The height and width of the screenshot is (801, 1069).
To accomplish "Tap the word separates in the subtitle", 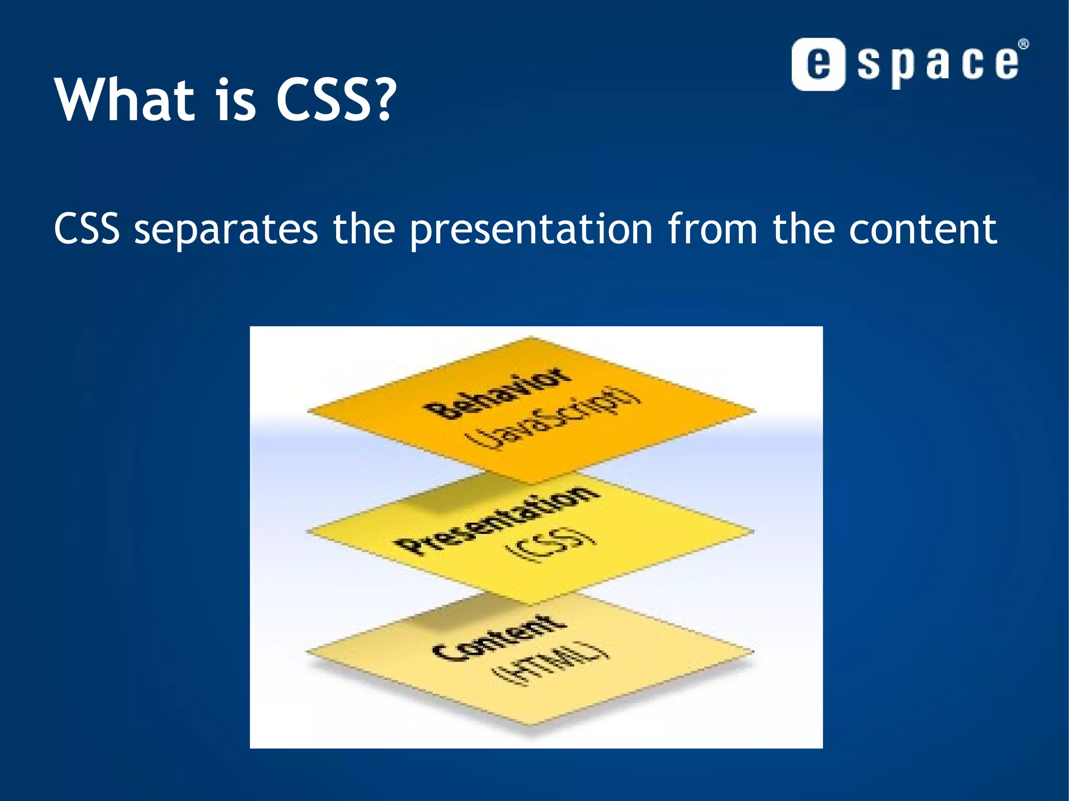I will (x=225, y=230).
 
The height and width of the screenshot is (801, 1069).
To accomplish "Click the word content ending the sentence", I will (x=922, y=230).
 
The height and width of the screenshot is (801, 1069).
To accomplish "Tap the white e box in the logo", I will (x=818, y=65).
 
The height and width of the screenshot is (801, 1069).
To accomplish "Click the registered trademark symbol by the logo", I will (x=1024, y=44).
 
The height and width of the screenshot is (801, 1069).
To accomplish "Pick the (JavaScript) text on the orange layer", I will (x=555, y=420).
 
